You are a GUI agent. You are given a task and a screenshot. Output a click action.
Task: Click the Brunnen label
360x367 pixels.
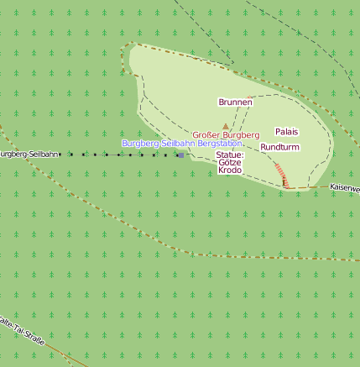tap(235, 102)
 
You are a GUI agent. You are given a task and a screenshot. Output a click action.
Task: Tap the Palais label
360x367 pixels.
tap(287, 132)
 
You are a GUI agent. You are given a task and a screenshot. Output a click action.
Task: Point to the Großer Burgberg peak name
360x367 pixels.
tap(226, 134)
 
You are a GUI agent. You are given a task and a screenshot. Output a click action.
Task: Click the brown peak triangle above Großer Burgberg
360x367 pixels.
tap(225, 127)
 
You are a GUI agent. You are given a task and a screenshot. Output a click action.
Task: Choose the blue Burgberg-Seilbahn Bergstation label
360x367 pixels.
tap(181, 144)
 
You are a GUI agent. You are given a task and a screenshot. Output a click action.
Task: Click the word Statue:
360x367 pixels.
tap(229, 155)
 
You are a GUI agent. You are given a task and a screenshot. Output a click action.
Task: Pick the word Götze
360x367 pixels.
tap(230, 163)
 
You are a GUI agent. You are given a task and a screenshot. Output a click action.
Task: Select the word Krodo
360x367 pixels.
tap(230, 170)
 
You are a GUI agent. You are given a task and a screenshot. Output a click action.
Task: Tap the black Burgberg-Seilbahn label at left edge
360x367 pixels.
tap(29, 155)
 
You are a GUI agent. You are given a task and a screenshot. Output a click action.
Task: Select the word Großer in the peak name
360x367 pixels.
tap(206, 134)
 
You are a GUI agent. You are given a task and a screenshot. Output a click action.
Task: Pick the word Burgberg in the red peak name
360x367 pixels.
tap(242, 134)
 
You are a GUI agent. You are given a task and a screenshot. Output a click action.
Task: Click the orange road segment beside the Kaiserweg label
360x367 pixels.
tap(315, 186)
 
